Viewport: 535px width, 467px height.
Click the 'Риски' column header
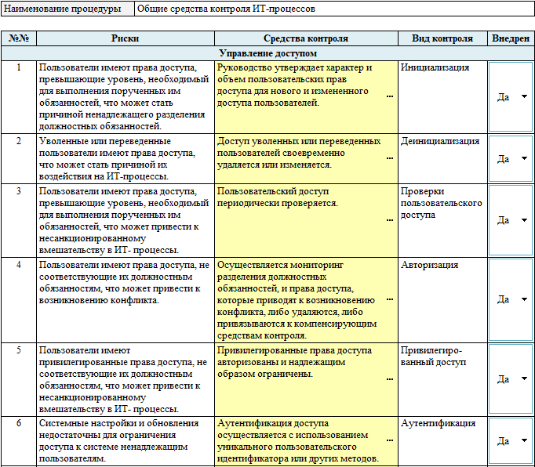point(126,38)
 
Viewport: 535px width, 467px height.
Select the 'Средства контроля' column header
point(305,38)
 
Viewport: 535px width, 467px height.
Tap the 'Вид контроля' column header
point(442,38)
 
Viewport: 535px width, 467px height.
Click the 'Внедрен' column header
point(510,38)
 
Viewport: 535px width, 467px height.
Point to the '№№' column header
point(19,38)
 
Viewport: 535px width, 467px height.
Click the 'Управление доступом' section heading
point(267,53)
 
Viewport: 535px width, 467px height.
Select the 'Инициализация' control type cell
point(435,67)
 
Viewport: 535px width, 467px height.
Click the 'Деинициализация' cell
point(440,141)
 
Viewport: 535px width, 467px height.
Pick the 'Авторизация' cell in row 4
point(429,265)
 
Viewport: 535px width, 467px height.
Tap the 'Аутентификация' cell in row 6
point(438,423)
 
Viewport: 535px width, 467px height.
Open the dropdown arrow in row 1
point(524,96)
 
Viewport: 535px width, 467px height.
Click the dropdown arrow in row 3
point(524,220)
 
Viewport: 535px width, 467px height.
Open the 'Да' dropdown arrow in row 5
point(524,378)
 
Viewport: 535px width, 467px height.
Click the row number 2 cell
point(19,141)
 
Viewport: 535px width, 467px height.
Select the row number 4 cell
point(19,265)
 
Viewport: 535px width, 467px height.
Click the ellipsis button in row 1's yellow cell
point(390,96)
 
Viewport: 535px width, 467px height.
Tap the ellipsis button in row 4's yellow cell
point(390,299)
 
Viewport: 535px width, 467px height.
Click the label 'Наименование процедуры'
point(67,9)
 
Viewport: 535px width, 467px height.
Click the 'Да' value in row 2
point(504,158)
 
